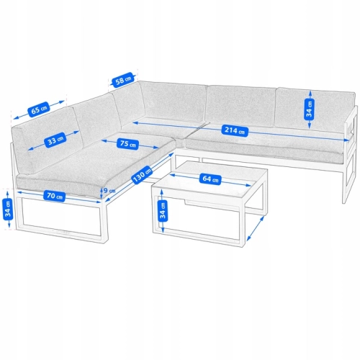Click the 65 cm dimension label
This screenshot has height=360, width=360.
pyautogui.click(x=39, y=110)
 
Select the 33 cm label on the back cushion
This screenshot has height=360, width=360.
pyautogui.click(x=55, y=140)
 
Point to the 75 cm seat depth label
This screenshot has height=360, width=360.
pyautogui.click(x=127, y=144)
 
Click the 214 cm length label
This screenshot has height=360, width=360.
pyautogui.click(x=235, y=130)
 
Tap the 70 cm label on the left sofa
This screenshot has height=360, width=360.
pyautogui.click(x=55, y=197)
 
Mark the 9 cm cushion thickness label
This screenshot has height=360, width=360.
pyautogui.click(x=109, y=191)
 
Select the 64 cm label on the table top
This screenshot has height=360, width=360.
pyautogui.click(x=210, y=179)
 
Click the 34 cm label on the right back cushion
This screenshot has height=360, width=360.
pyautogui.click(x=310, y=109)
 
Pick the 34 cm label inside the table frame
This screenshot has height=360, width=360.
pyautogui.click(x=163, y=211)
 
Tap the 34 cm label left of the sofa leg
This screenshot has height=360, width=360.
pyautogui.click(x=8, y=210)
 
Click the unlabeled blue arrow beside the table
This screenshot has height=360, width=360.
pyautogui.click(x=256, y=228)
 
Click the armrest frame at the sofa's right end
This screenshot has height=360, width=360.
pyautogui.click(x=351, y=153)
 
